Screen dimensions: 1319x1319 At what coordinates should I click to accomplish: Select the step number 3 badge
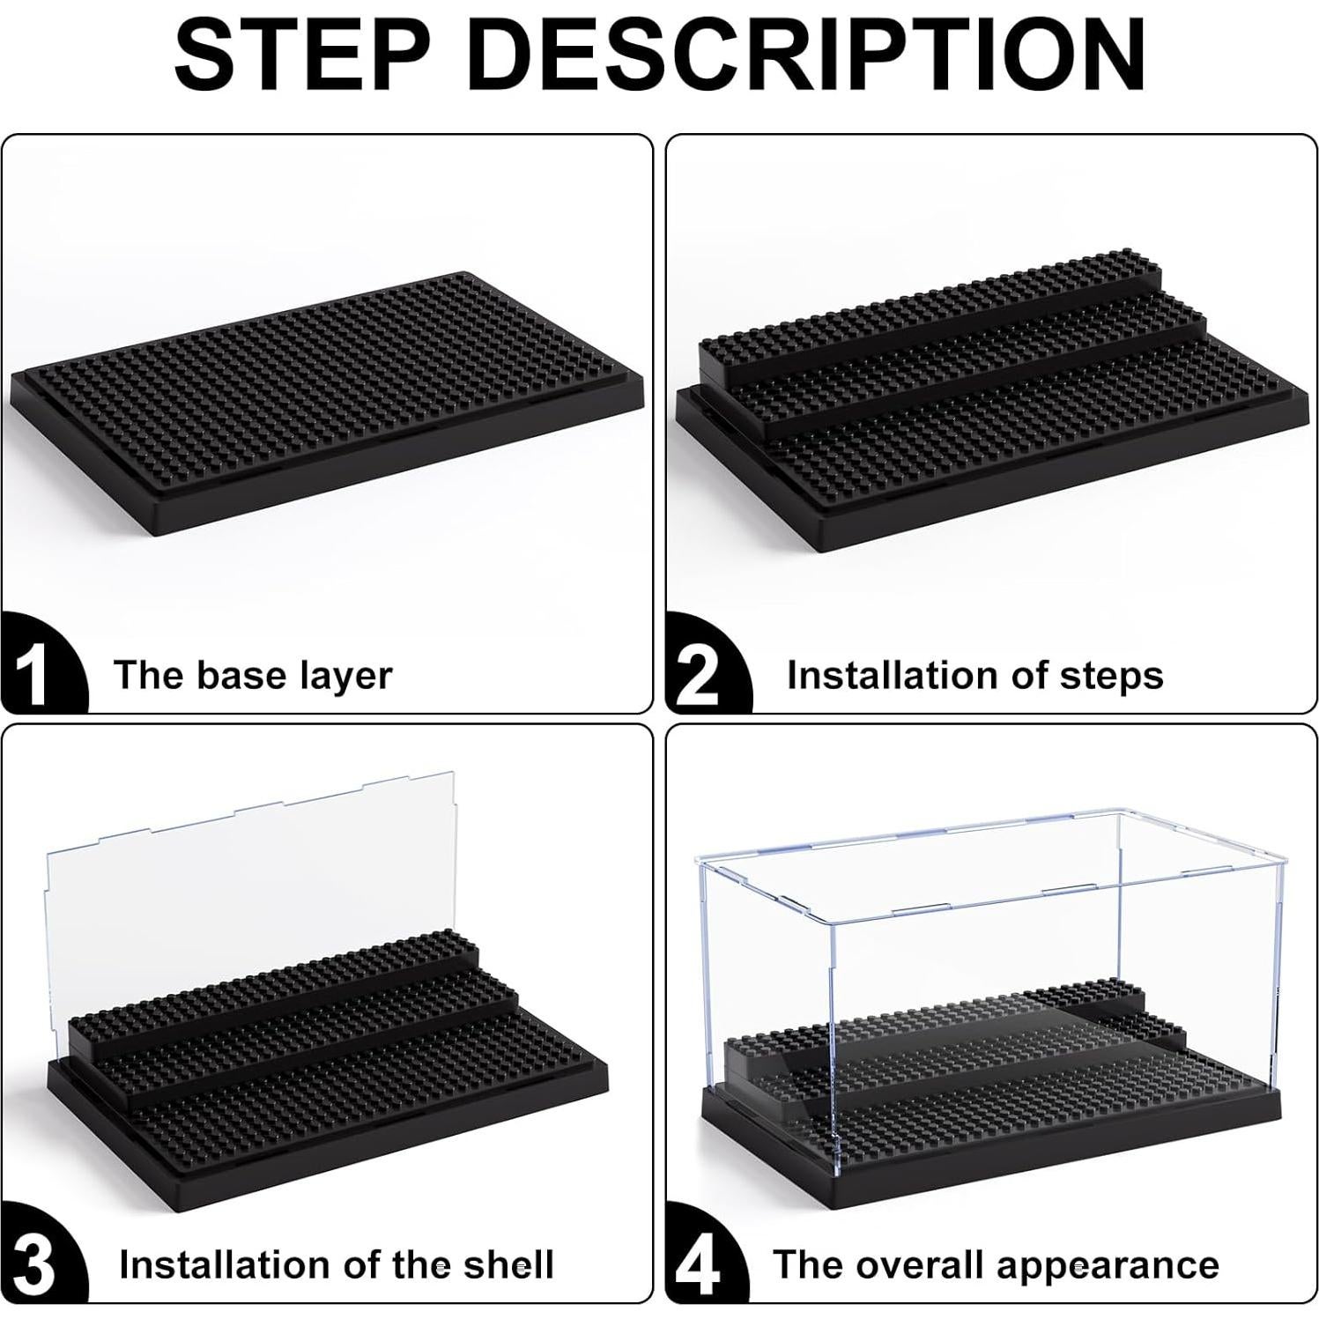click(35, 1265)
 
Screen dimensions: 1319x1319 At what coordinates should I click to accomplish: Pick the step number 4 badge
click(700, 1265)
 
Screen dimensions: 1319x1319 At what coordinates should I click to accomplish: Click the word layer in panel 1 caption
click(345, 676)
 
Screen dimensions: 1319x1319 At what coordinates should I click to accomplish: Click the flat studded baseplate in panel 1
click(326, 396)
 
